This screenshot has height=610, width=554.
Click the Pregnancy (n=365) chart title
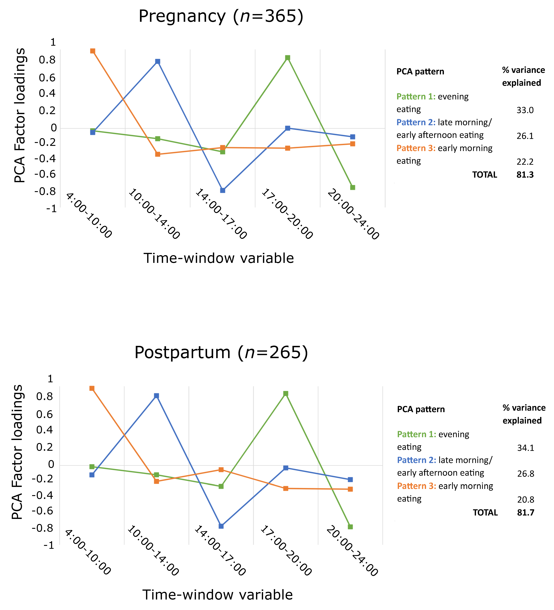point(221,16)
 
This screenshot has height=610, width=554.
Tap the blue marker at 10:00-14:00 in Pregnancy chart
point(158,61)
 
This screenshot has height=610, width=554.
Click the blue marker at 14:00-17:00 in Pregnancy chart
point(223,190)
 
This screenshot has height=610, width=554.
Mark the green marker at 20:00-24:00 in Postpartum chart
point(350,527)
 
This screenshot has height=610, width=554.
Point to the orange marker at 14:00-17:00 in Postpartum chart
point(221,470)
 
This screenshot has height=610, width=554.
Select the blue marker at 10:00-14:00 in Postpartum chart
point(156,396)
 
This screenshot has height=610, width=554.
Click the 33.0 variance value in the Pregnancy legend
point(525,110)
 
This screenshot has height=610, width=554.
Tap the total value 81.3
point(525,175)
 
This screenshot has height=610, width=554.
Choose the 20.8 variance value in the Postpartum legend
point(526,500)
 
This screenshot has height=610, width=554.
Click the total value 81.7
point(526,513)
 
